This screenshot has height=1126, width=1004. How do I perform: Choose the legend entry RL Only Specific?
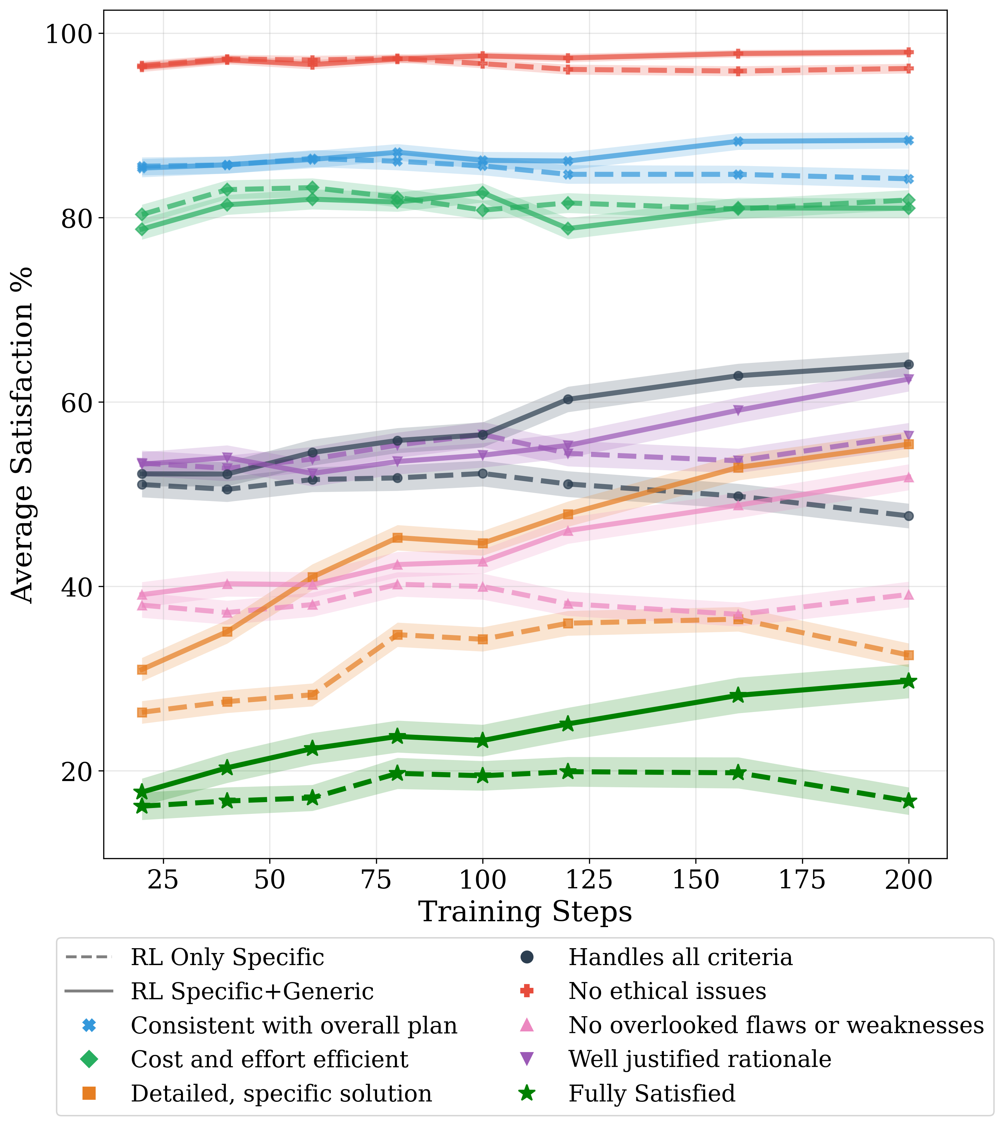pyautogui.click(x=227, y=957)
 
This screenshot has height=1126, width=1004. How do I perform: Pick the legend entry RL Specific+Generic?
pyautogui.click(x=252, y=991)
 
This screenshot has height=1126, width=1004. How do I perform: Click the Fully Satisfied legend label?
pyautogui.click(x=651, y=1094)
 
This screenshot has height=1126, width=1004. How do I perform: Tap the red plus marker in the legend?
pyautogui.click(x=527, y=991)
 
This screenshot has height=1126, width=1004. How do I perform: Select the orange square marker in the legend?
pyautogui.click(x=89, y=1094)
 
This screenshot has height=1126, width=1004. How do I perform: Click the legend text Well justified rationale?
pyautogui.click(x=699, y=1059)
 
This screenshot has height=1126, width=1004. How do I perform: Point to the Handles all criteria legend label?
pyautogui.click(x=680, y=957)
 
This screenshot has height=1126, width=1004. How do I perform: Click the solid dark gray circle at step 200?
pyautogui.click(x=909, y=364)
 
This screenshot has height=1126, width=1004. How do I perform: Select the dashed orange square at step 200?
pyautogui.click(x=909, y=655)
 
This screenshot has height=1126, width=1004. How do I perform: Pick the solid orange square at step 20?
pyautogui.click(x=142, y=670)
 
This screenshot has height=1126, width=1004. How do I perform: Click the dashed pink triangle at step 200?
pyautogui.click(x=909, y=595)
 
